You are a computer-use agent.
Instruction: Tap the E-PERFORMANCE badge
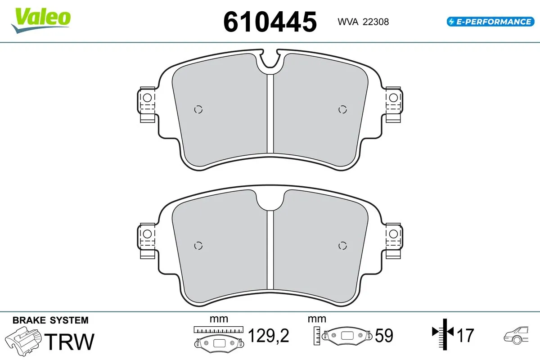490,22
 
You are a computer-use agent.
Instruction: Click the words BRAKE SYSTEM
50,320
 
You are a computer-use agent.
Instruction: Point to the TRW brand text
71,342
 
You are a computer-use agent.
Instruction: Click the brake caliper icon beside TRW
23,341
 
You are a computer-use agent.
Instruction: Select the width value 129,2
268,336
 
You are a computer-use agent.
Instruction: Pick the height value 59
383,336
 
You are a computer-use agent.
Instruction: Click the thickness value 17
465,335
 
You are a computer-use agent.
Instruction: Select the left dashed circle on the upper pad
198,109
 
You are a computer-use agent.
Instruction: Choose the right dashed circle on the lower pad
342,245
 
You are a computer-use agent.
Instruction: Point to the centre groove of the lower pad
270,250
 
